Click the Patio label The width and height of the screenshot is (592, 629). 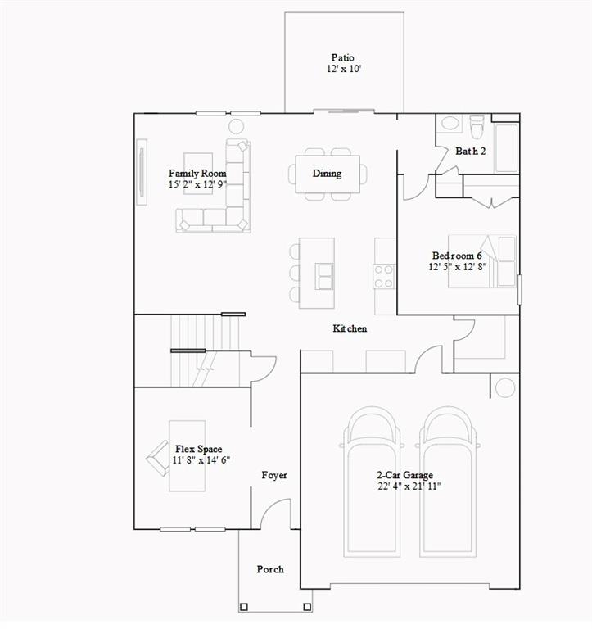click(342, 57)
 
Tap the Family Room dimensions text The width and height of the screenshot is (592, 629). click(197, 185)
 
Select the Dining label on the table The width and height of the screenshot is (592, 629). click(327, 174)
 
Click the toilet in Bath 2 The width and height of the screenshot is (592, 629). click(477, 126)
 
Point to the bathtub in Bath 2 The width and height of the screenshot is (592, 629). click(507, 147)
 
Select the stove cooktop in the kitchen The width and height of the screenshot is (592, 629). click(384, 276)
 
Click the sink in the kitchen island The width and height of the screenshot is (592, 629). click(325, 277)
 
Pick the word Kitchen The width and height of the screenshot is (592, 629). click(350, 328)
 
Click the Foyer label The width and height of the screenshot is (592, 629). click(274, 475)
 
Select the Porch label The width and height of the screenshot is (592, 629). click(270, 569)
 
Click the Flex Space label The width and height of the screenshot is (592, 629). click(199, 449)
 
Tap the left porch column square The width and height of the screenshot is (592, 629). click(243, 607)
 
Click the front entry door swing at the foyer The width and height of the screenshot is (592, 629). click(275, 514)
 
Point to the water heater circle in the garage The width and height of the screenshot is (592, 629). click(505, 387)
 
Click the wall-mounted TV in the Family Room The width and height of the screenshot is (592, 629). click(142, 172)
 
